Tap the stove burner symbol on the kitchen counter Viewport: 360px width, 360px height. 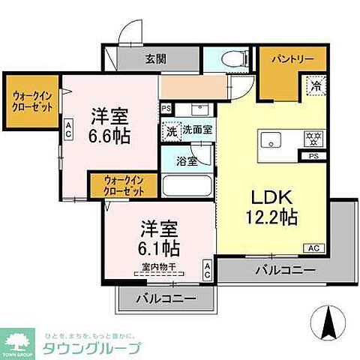310,139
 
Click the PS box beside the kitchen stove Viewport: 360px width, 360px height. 313,157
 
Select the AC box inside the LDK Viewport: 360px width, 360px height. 313,247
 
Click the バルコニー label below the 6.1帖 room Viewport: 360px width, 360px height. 166,298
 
